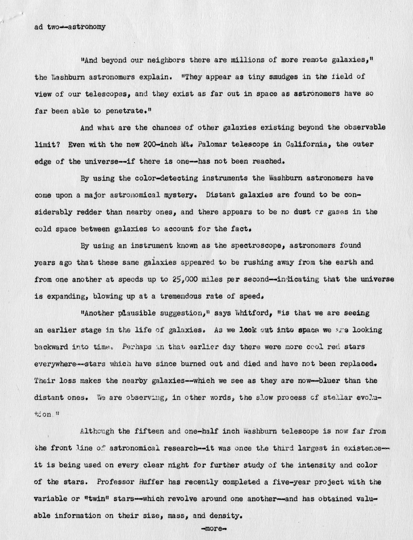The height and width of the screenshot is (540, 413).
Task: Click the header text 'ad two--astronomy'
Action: [x=70, y=27]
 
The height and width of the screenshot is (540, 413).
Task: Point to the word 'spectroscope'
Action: [x=251, y=246]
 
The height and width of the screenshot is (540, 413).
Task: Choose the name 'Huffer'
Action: [x=151, y=482]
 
